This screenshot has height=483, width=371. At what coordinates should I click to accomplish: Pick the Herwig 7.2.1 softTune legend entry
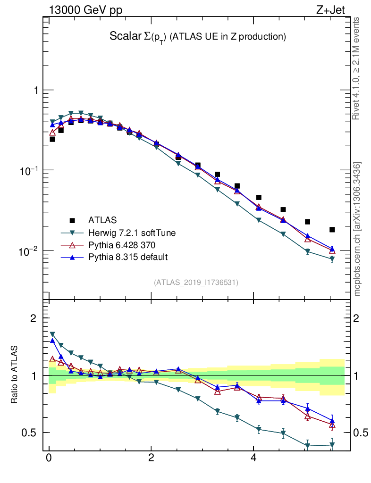[x=128, y=233]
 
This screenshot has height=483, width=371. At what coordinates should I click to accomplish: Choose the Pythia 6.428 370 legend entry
[x=121, y=245]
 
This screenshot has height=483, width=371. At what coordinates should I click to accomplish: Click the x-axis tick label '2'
[x=151, y=458]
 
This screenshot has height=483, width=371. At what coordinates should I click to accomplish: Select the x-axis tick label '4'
[x=253, y=458]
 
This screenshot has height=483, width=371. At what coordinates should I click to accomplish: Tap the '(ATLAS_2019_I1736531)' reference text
[x=196, y=283]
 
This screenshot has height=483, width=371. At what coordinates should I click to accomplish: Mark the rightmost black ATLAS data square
[x=332, y=230]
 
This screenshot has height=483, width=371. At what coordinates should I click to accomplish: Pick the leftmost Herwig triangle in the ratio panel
[x=52, y=334]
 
